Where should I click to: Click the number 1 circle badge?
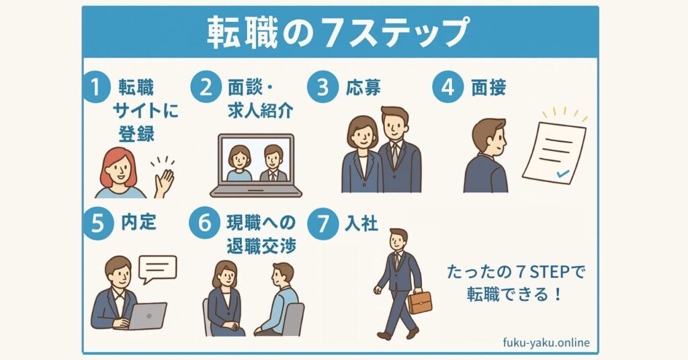point(95,87)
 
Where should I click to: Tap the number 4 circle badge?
point(447,87)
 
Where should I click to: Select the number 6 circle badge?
point(205,223)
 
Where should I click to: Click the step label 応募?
point(363,87)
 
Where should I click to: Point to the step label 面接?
point(488,87)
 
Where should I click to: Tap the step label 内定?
point(138,222)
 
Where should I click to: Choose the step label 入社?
point(361,223)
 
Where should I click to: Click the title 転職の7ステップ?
point(339,32)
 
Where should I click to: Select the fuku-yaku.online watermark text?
point(546,343)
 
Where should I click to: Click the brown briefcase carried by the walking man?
point(420,302)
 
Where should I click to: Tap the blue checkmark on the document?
point(562,174)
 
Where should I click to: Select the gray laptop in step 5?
point(147,316)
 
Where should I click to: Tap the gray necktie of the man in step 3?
point(394,155)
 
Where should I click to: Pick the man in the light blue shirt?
point(279,299)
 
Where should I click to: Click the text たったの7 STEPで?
point(516,272)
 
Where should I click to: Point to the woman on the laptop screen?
point(239,163)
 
